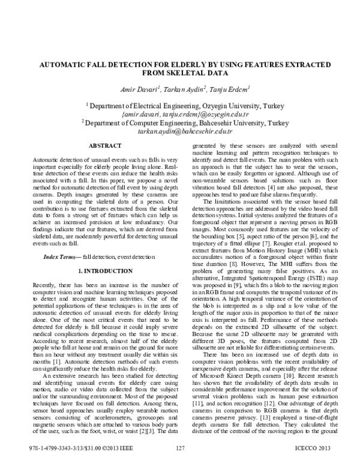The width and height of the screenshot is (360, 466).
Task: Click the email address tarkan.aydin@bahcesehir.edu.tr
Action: [179, 130]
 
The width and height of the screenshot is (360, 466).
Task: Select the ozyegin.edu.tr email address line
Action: [179, 113]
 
